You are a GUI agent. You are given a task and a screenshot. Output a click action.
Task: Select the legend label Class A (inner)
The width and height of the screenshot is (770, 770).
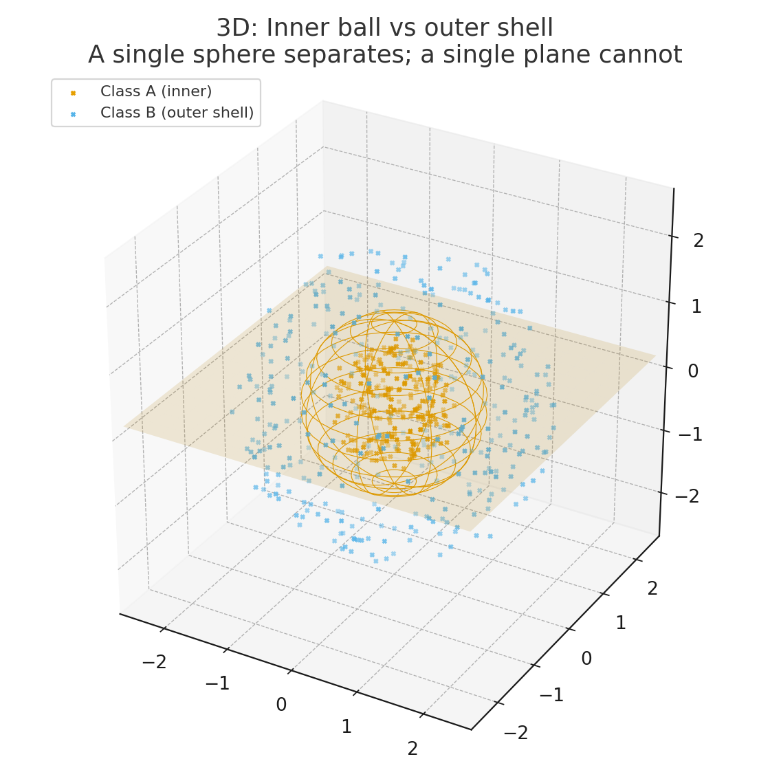(156, 91)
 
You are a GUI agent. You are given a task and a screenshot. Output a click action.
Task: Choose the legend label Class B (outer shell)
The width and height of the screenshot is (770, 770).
(177, 113)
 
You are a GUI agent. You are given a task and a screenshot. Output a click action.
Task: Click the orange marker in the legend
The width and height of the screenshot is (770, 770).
(73, 92)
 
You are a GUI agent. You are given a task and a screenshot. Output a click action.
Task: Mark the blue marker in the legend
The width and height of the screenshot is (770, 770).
(73, 113)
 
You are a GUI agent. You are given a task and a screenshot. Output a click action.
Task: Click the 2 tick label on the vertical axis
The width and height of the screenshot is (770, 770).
(698, 241)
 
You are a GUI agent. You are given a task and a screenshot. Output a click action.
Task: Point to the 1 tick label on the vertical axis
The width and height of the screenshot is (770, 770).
(696, 307)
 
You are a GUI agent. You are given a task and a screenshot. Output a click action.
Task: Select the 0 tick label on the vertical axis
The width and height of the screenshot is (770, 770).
(694, 371)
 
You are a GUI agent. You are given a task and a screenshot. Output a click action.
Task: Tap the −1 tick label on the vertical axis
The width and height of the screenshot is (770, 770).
(690, 434)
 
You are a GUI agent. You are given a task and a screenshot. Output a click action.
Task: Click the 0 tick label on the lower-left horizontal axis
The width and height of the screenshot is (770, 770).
(281, 705)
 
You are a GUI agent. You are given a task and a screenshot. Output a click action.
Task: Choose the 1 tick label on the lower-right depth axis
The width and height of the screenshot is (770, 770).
(620, 623)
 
